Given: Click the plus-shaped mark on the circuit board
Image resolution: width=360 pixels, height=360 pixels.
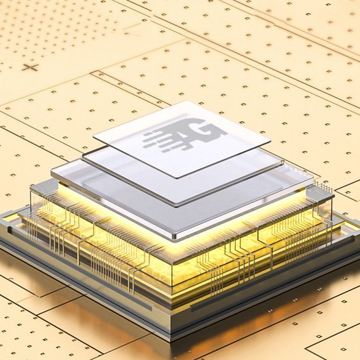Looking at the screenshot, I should [x=29, y=67].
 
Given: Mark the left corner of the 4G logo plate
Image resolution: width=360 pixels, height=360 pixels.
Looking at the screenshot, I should [x=94, y=139].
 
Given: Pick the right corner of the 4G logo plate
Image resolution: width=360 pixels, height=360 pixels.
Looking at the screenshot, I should [x=270, y=141].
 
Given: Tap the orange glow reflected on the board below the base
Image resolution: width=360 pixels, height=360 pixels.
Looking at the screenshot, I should [x=98, y=308].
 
